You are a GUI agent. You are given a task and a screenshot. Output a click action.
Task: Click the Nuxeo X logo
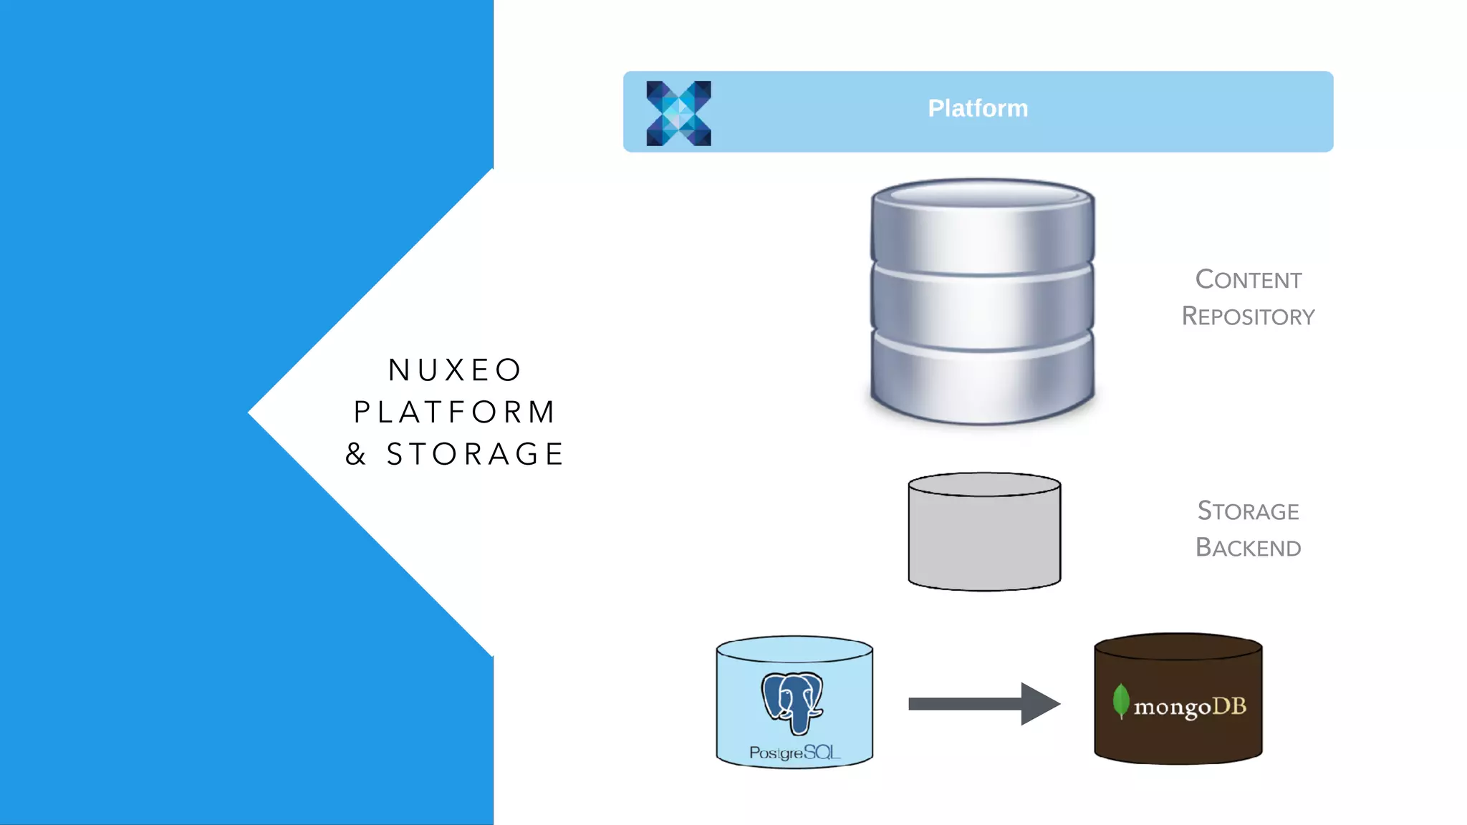click(x=678, y=113)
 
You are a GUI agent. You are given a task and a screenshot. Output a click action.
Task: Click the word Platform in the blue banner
click(x=978, y=108)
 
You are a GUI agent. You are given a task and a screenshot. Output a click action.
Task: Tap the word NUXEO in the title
click(x=455, y=370)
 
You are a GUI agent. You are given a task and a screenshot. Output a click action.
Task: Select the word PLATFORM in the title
click(x=455, y=412)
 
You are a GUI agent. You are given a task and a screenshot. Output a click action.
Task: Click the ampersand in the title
click(x=356, y=454)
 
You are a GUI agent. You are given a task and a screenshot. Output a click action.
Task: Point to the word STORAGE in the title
click(x=476, y=454)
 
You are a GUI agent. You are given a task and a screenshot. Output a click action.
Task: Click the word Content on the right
click(x=1248, y=279)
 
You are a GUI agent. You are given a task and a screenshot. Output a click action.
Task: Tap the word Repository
click(x=1248, y=316)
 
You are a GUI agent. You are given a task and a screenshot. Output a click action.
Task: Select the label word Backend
click(x=1248, y=547)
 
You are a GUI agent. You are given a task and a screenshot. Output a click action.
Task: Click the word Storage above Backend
click(x=1248, y=511)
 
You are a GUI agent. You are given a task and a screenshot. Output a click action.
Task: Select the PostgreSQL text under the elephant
click(x=794, y=752)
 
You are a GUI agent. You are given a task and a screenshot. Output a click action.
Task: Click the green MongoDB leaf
click(x=1120, y=700)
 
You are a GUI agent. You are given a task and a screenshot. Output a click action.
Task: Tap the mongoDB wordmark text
click(x=1190, y=707)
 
